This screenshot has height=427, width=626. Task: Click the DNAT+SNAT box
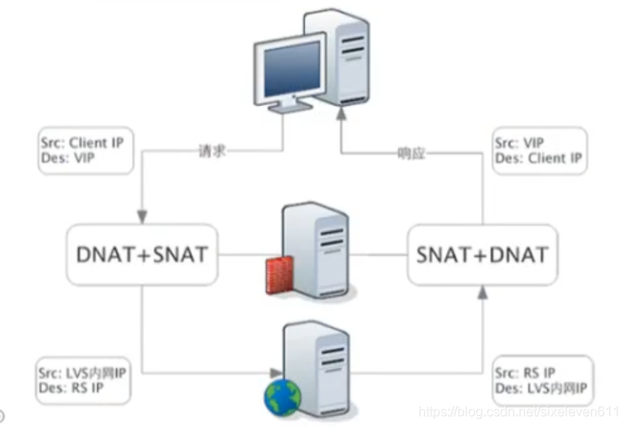tap(142, 255)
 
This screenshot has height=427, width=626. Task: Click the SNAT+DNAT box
tap(482, 255)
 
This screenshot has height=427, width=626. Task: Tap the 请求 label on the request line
tap(212, 151)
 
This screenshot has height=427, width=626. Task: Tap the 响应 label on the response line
tap(412, 153)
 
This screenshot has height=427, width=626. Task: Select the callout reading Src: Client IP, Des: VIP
tap(86, 150)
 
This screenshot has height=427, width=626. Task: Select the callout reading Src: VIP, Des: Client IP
tap(539, 150)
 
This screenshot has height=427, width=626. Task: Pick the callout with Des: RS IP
tap(83, 380)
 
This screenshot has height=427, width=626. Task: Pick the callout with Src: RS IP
tap(543, 380)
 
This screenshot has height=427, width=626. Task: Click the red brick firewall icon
tap(280, 276)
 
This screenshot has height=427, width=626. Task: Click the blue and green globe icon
tap(282, 397)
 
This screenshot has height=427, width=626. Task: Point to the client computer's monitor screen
tap(292, 68)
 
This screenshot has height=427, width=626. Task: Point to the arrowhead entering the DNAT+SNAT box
tap(142, 217)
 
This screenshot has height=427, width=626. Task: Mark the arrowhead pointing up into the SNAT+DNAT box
tap(482, 293)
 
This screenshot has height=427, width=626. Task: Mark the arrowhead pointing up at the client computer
tap(341, 113)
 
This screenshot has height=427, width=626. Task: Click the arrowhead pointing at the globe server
tap(276, 373)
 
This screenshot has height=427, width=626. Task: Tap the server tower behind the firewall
tap(316, 250)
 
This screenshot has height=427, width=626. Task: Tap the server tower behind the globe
tap(318, 369)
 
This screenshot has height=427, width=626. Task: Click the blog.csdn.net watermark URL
tap(518, 411)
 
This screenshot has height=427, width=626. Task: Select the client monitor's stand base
tap(290, 106)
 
